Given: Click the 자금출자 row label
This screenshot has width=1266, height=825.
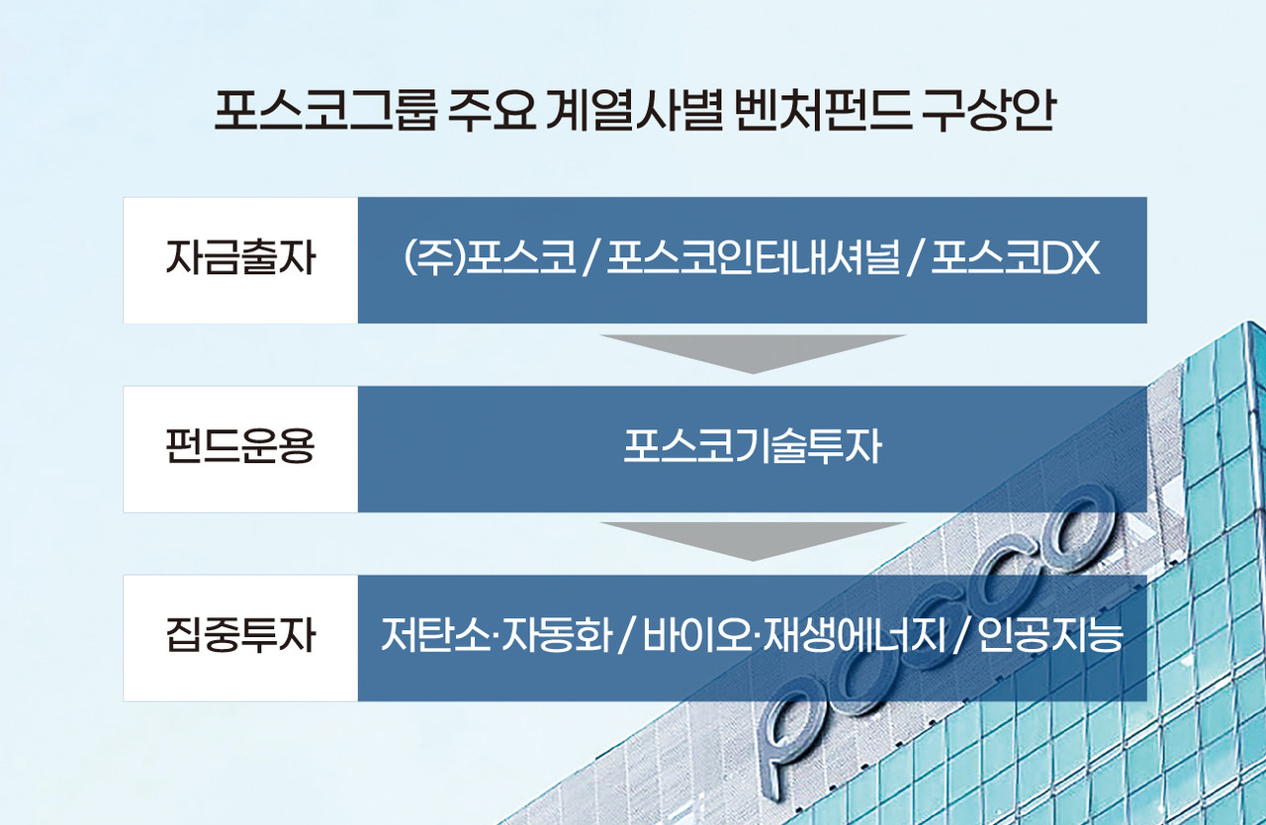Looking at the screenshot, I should pyautogui.click(x=240, y=260).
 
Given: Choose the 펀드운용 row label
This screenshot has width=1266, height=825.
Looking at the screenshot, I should pyautogui.click(x=240, y=449).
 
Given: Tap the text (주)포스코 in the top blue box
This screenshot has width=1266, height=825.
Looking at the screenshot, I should pyautogui.click(x=490, y=260).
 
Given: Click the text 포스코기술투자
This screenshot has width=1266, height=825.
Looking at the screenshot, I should pyautogui.click(x=752, y=449).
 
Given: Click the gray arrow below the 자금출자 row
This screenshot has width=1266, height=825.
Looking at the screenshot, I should pyautogui.click(x=752, y=352).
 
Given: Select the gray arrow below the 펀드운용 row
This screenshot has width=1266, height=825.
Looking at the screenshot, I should pyautogui.click(x=752, y=540).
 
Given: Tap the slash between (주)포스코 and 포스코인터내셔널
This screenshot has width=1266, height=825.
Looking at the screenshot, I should pyautogui.click(x=590, y=261).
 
